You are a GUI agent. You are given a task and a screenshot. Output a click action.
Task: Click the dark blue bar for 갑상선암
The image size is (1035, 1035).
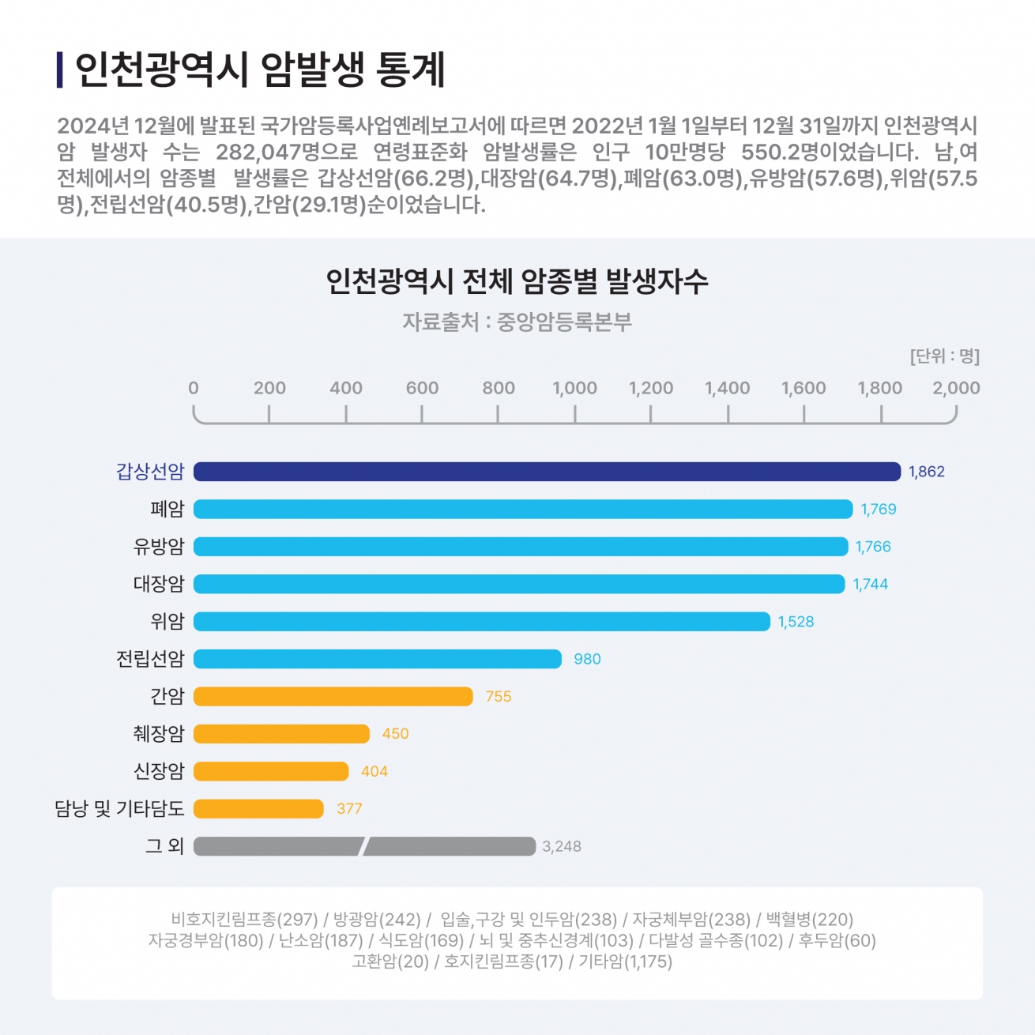coord(547,472)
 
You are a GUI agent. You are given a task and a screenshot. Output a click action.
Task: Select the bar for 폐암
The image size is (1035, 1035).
coord(523,509)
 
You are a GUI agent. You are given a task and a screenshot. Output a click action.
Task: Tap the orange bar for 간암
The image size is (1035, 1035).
coord(333,696)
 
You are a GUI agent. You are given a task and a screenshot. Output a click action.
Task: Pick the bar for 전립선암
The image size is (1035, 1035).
coord(377,659)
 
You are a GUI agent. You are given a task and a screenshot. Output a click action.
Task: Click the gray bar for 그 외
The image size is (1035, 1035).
coord(363,846)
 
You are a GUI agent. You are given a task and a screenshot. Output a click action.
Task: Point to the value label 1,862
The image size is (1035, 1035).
coord(926,472)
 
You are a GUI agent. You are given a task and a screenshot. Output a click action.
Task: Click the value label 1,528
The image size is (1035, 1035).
coord(796,622)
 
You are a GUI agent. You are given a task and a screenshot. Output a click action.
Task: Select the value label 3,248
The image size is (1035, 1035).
coord(561,846)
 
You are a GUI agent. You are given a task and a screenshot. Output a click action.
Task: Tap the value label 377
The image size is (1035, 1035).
coord(349,809)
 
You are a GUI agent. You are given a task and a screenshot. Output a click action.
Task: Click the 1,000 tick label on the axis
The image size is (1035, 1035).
coord(574,388)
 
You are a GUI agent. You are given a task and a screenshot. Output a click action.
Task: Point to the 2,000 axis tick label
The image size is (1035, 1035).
coord(956,388)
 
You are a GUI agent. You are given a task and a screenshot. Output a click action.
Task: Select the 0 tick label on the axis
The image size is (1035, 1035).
coord(194,388)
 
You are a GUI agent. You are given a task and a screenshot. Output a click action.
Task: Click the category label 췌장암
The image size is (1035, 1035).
coord(158,734)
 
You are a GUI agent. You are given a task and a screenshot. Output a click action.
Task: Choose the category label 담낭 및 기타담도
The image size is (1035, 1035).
coord(119,809)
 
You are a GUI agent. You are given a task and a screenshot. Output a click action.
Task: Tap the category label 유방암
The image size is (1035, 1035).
coord(158,547)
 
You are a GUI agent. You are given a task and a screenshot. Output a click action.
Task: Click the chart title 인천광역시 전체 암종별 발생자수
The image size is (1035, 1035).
coord(517,282)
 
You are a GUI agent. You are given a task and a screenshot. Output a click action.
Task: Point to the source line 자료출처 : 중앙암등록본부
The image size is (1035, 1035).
coord(517,322)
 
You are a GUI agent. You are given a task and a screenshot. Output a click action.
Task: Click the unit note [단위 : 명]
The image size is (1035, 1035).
coord(944,356)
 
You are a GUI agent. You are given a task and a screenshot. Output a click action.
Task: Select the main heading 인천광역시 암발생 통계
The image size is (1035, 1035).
coord(261,70)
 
